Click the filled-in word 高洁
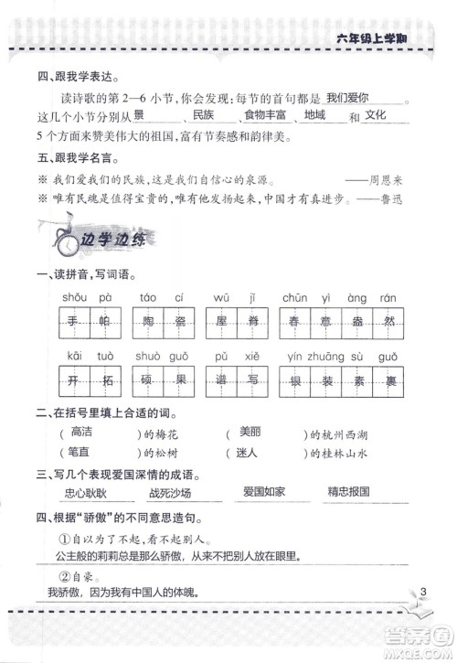(81, 431)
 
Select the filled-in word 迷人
(250, 452)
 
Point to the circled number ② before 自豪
(65, 575)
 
